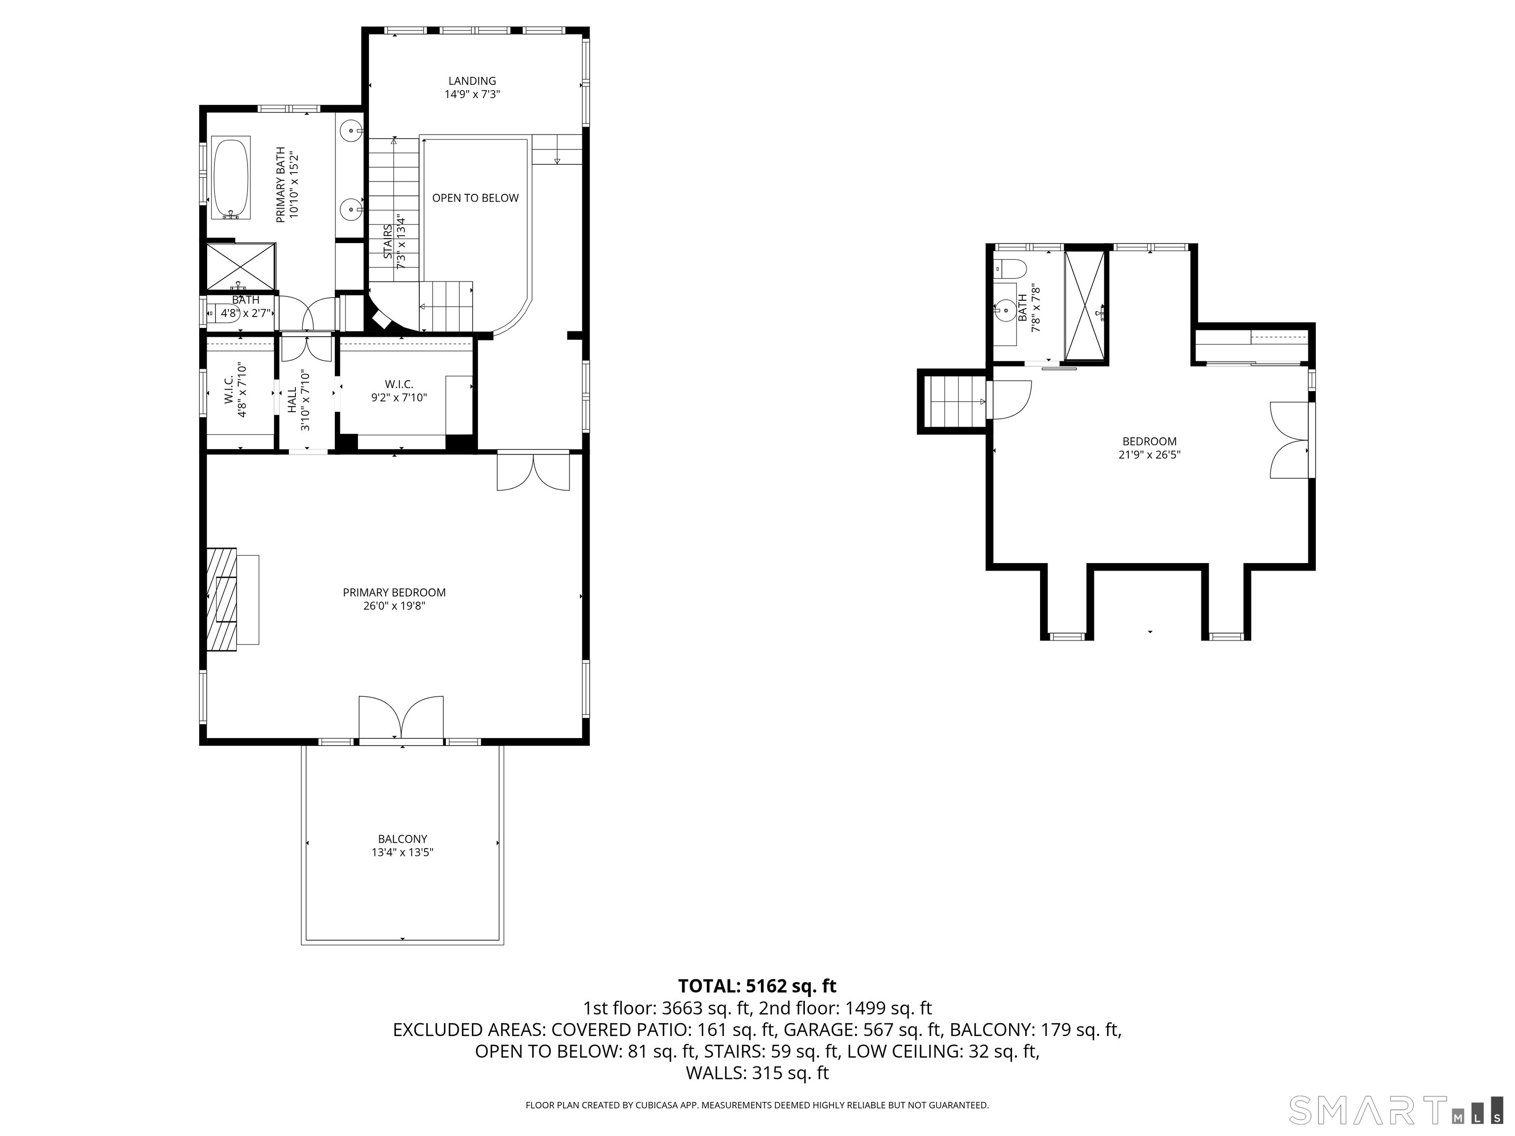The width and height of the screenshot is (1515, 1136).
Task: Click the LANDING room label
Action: (x=472, y=81)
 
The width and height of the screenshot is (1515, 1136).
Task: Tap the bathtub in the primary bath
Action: (x=231, y=178)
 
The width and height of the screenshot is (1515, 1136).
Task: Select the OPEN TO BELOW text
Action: (x=475, y=198)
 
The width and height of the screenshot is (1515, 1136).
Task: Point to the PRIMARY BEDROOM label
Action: (x=395, y=592)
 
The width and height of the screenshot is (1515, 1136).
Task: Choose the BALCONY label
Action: (x=403, y=839)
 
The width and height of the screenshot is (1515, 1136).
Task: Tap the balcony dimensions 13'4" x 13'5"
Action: (x=403, y=852)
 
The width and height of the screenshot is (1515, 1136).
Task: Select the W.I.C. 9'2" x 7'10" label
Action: (x=399, y=391)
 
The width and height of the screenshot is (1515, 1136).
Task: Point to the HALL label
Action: (x=292, y=400)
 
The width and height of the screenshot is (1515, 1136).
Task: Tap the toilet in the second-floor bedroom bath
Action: (x=1010, y=268)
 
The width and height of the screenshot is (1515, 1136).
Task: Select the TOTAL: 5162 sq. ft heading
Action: (x=757, y=986)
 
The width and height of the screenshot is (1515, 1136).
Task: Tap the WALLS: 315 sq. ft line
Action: (x=757, y=1072)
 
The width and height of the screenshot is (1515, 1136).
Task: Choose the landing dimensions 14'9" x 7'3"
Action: (x=472, y=95)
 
